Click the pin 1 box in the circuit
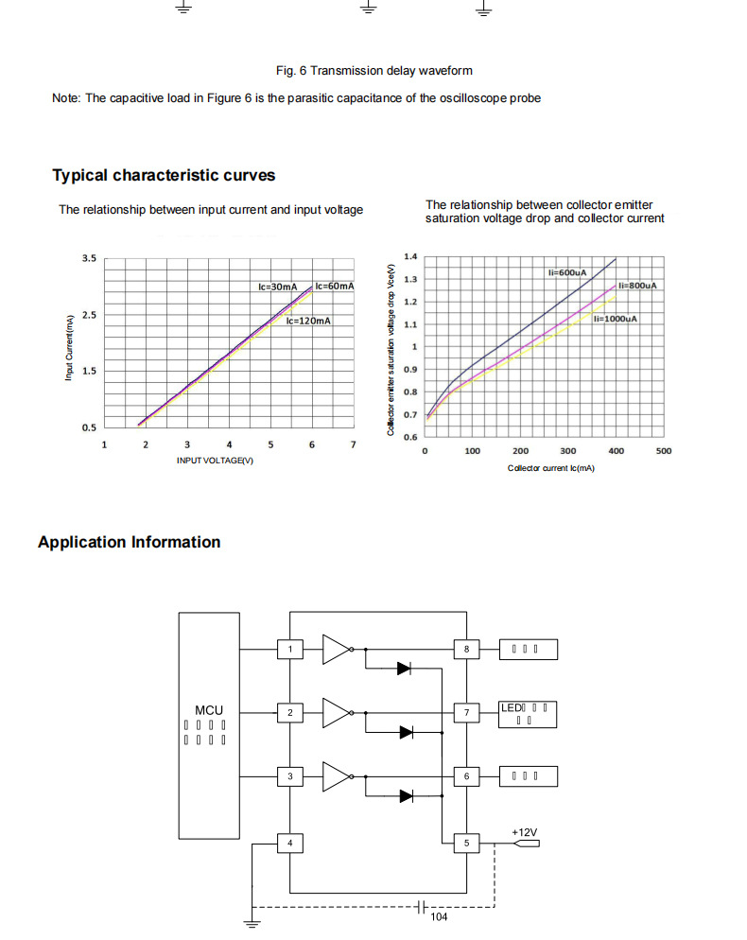290,649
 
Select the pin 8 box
466,649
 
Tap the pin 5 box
466,842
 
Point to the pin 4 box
290,842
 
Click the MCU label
209,709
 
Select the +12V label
525,832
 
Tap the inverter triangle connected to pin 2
336,712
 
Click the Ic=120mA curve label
308,321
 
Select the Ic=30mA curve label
278,286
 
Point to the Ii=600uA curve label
567,272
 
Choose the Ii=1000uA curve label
616,319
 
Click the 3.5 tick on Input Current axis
89,258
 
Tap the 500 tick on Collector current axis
664,451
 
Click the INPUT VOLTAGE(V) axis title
216,460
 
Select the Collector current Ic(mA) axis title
550,468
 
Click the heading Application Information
129,542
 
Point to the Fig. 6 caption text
373,70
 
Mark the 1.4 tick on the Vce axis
410,256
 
